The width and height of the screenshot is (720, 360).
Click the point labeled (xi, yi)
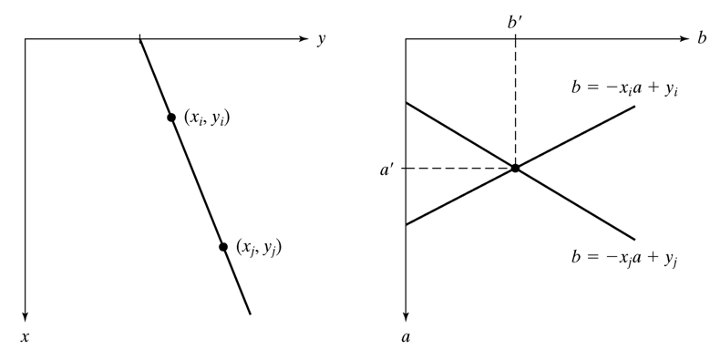pyautogui.click(x=171, y=118)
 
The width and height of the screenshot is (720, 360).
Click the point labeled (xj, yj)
pyautogui.click(x=223, y=247)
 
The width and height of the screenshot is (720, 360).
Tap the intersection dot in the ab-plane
pyautogui.click(x=515, y=168)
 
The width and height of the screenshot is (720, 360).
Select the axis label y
pyautogui.click(x=322, y=40)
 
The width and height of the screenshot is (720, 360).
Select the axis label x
pyautogui.click(x=25, y=337)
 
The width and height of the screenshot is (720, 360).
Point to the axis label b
pyautogui.click(x=702, y=38)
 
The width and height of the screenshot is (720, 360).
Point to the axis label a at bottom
pyautogui.click(x=406, y=337)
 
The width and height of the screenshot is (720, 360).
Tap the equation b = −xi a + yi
pyautogui.click(x=625, y=88)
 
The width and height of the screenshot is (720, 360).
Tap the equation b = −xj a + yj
pyautogui.click(x=625, y=258)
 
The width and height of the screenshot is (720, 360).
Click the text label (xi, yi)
pyautogui.click(x=207, y=118)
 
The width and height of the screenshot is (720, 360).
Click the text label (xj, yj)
pyautogui.click(x=259, y=248)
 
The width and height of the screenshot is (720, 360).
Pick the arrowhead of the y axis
pyautogui.click(x=303, y=39)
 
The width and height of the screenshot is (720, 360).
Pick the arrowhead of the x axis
pyautogui.click(x=26, y=316)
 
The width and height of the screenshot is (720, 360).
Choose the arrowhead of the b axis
pyautogui.click(x=684, y=39)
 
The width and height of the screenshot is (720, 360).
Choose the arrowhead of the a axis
pyautogui.click(x=406, y=316)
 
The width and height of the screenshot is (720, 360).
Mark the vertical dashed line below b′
pyautogui.click(x=515, y=101)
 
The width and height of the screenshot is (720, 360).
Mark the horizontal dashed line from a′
pyautogui.click(x=460, y=168)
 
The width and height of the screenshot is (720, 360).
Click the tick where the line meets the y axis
pyautogui.click(x=139, y=38)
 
